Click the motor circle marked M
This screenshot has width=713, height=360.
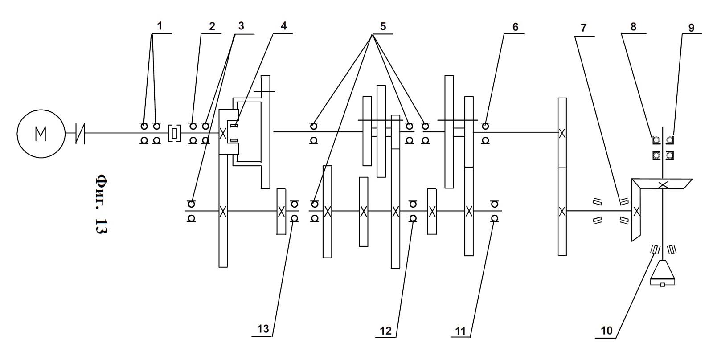pyautogui.click(x=41, y=133)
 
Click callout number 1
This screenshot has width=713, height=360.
pyautogui.click(x=159, y=26)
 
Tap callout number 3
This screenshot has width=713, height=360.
pyautogui.click(x=241, y=26)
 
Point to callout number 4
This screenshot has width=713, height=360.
pyautogui.click(x=283, y=26)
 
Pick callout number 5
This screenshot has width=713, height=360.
pyautogui.click(x=382, y=26)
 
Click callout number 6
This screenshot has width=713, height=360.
pyautogui.click(x=515, y=27)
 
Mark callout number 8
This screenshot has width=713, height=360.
pyautogui.click(x=633, y=26)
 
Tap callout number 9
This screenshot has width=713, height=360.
pyautogui.click(x=691, y=27)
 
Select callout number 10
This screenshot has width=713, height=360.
pyautogui.click(x=607, y=331)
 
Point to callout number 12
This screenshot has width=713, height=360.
pyautogui.click(x=385, y=331)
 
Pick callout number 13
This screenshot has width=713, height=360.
pyautogui.click(x=263, y=329)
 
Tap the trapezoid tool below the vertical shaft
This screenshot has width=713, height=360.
pyautogui.click(x=663, y=273)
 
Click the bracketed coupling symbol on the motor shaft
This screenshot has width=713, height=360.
pyautogui.click(x=175, y=133)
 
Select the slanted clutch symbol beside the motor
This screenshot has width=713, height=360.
pyautogui.click(x=80, y=133)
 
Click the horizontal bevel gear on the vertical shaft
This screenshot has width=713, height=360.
pyautogui.click(x=662, y=184)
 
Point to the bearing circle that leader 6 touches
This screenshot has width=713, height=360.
pyautogui.click(x=485, y=127)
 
